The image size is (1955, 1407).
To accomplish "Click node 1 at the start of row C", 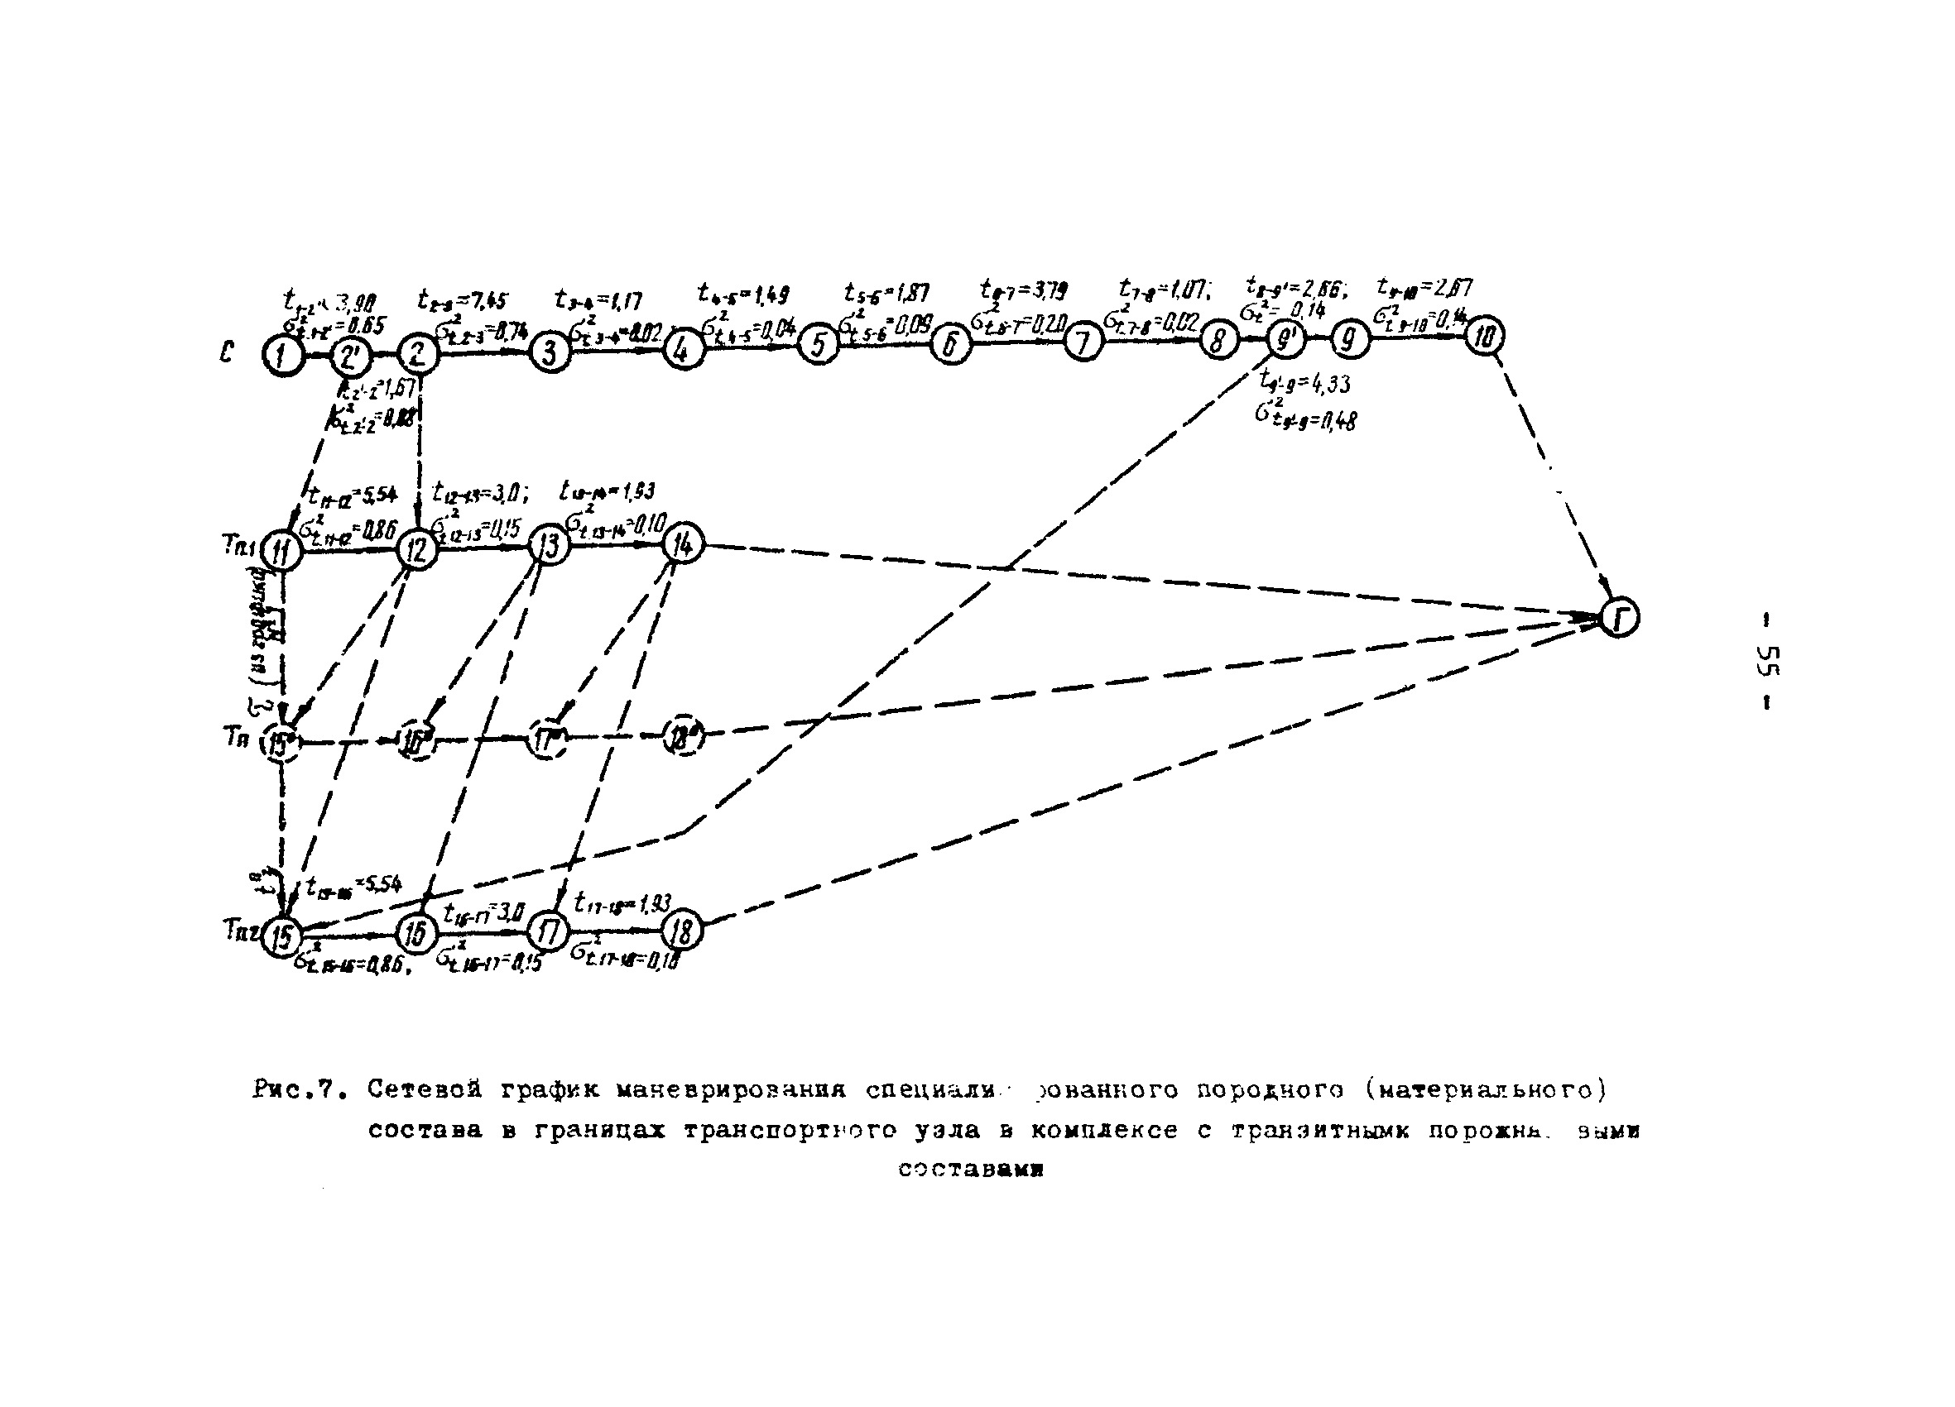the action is [283, 354].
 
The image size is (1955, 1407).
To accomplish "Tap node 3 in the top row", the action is [550, 351].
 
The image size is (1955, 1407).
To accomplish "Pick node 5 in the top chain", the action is [818, 345].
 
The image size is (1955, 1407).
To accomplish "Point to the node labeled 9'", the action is [1286, 340].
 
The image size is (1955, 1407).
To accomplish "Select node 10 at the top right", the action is [1483, 335].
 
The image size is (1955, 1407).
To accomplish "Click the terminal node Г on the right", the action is [1619, 617].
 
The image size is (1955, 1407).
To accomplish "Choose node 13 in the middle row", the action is [549, 545].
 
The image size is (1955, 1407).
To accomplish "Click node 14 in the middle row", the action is [684, 543].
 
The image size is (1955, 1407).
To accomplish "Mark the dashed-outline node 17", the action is [547, 740].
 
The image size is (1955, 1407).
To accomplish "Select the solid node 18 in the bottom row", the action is [683, 931].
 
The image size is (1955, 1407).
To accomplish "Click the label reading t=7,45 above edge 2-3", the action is [463, 301].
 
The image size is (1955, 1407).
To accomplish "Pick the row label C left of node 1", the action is [227, 352].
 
